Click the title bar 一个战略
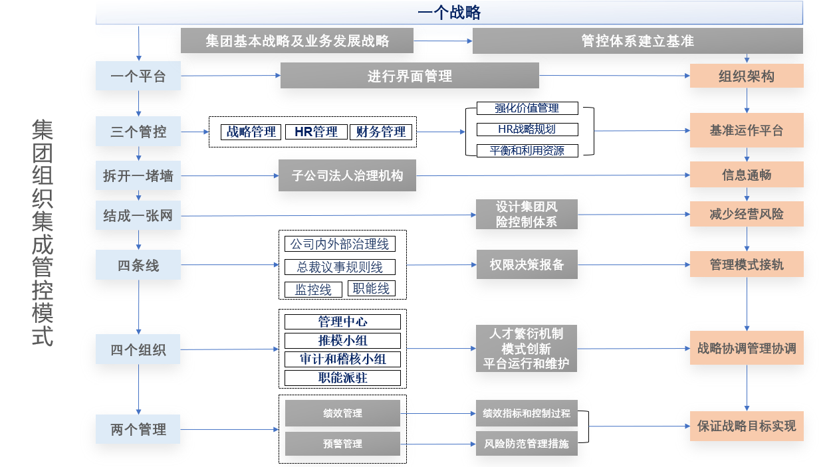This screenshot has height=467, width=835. tap(449, 13)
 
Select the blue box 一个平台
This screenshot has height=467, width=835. tap(138, 76)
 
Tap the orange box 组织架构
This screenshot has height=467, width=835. tap(747, 76)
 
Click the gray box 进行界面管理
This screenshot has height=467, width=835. tap(410, 76)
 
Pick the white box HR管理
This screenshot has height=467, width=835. tap(316, 132)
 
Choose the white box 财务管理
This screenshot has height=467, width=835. tap(380, 132)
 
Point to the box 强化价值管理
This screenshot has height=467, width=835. tap(527, 108)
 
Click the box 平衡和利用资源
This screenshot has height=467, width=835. tap(527, 151)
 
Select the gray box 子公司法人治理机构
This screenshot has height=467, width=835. tap(348, 175)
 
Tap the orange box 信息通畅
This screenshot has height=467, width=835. tap(747, 175)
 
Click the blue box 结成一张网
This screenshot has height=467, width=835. tap(138, 215)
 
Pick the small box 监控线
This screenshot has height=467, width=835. tap(313, 290)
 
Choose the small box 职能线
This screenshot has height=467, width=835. tap(371, 288)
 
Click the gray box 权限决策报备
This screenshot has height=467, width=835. tap(527, 264)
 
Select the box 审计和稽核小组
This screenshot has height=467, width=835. tap(342, 359)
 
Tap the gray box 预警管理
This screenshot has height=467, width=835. tap(342, 444)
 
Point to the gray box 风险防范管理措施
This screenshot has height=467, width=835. tap(527, 444)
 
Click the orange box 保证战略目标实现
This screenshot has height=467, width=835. tap(747, 426)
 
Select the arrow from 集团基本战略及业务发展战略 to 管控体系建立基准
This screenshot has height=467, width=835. tap(443, 41)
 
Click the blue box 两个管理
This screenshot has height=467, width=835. tap(138, 429)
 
